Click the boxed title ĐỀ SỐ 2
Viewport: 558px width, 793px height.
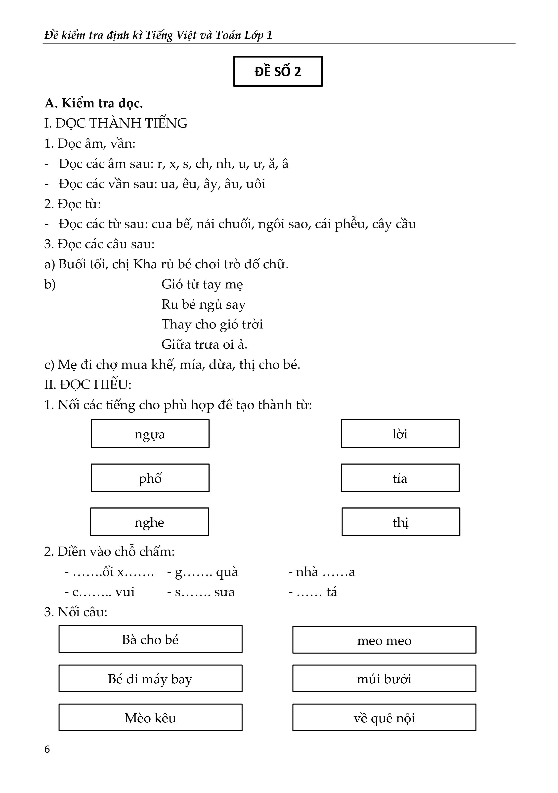pyautogui.click(x=278, y=72)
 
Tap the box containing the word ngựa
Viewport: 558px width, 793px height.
pyautogui.click(x=150, y=434)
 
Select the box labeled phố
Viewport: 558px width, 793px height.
pyautogui.click(x=150, y=478)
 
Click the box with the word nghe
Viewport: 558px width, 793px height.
pyautogui.click(x=150, y=522)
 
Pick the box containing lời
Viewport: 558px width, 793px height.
pyautogui.click(x=400, y=434)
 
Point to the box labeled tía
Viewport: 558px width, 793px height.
pyautogui.click(x=400, y=478)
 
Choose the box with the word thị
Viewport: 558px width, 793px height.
pyautogui.click(x=401, y=522)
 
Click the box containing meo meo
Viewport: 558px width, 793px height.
pyautogui.click(x=384, y=640)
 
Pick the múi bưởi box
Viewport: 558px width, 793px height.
pyautogui.click(x=384, y=679)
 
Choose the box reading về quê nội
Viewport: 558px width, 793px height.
pyautogui.click(x=384, y=718)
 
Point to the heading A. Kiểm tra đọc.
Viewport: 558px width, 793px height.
pyautogui.click(x=93, y=103)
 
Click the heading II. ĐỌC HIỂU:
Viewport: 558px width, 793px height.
pyautogui.click(x=88, y=384)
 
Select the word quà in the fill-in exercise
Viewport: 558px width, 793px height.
pyautogui.click(x=227, y=572)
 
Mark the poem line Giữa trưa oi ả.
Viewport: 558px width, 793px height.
pyautogui.click(x=204, y=344)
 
